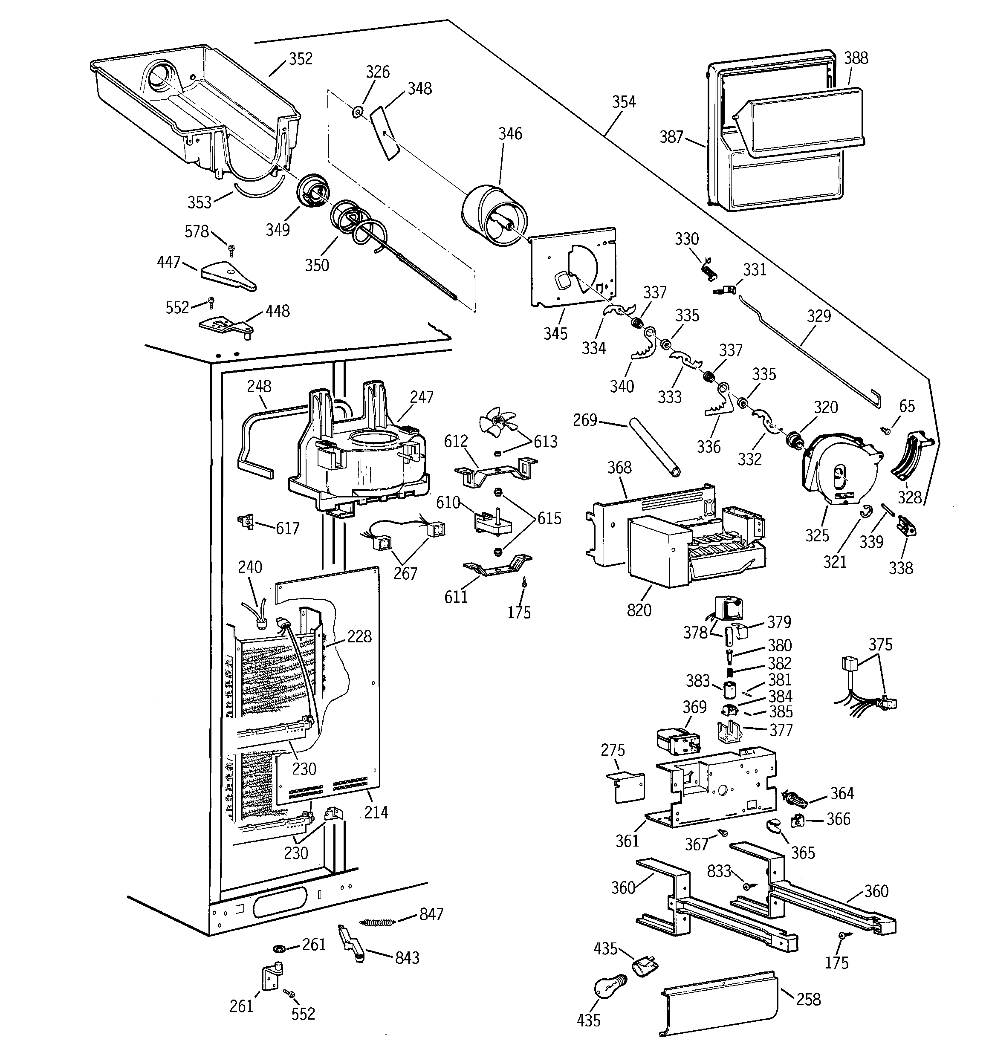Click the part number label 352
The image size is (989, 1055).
coord(301,59)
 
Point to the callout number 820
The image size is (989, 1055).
coord(639,610)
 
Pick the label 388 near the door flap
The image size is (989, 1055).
coord(856,58)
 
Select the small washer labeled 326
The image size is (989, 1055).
coord(358,112)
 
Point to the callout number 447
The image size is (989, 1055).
coord(169,262)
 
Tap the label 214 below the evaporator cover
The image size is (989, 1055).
coord(376,812)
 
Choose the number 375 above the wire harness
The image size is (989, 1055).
coord(880,645)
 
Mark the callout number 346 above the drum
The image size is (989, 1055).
coord(509,134)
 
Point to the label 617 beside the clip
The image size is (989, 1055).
coord(287,528)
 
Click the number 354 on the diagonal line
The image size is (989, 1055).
coord(623,102)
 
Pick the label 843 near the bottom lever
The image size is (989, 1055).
coord(407,958)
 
